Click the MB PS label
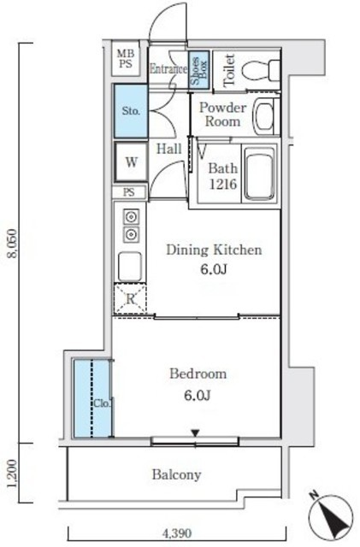(x=125, y=58)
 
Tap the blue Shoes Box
(x=199, y=69)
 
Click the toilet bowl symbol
(x=261, y=70)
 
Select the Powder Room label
(x=223, y=115)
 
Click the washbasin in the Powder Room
(x=265, y=116)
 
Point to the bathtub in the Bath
(x=260, y=174)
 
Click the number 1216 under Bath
(x=223, y=184)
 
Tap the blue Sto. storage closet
(x=131, y=111)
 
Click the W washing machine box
(x=131, y=162)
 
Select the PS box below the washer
(x=129, y=192)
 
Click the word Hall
(x=169, y=149)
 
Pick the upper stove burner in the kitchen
(x=131, y=217)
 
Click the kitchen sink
(x=130, y=267)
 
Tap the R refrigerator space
(x=130, y=299)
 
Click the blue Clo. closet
(x=92, y=398)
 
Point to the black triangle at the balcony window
(x=195, y=433)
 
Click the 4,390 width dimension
(x=177, y=533)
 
